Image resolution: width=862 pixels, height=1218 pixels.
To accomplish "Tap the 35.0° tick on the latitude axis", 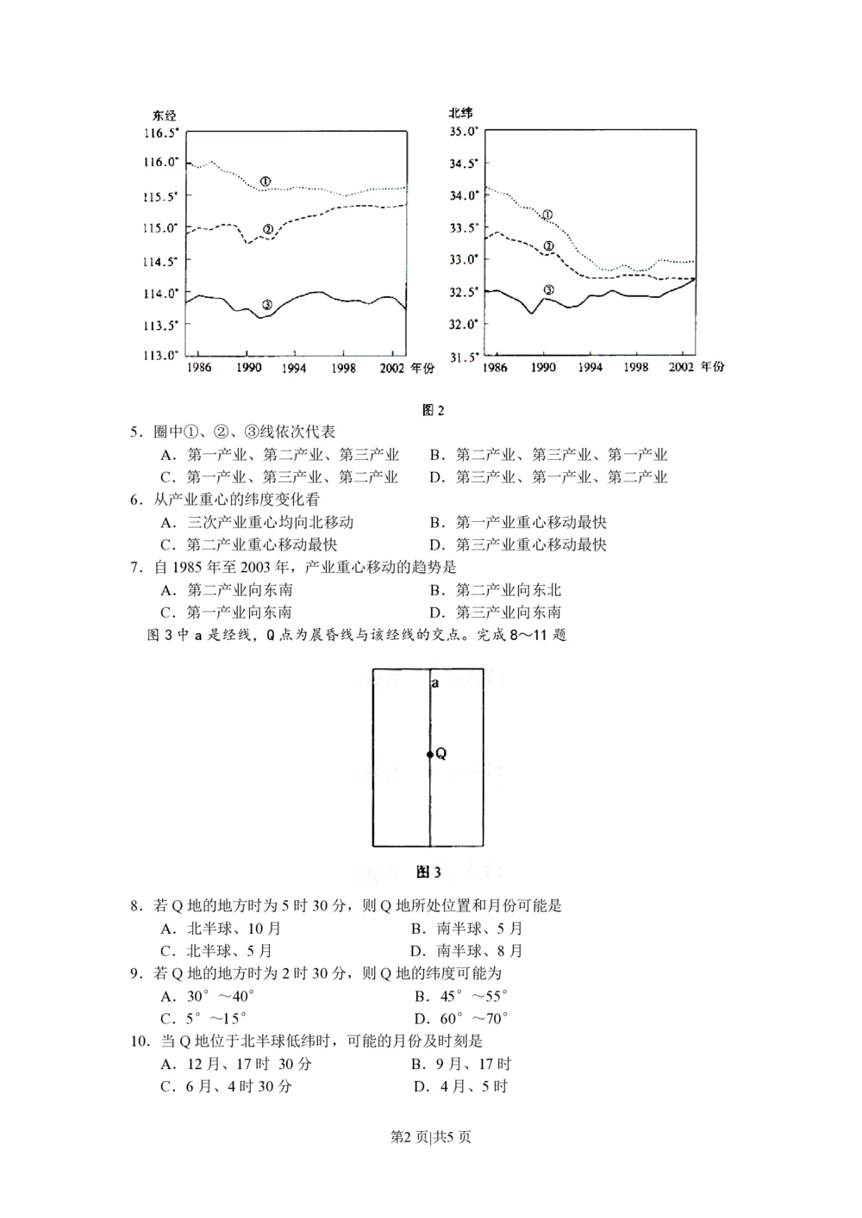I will click(x=464, y=132).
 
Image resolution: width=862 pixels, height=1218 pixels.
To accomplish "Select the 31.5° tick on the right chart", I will click(x=464, y=356).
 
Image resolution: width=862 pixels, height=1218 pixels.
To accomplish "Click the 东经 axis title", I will click(x=165, y=115).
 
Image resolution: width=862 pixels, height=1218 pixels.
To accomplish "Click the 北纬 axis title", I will click(x=461, y=114).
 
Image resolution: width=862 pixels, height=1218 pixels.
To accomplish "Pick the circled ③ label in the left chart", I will click(x=267, y=304).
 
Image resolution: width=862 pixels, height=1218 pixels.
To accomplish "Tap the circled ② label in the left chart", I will click(x=268, y=229).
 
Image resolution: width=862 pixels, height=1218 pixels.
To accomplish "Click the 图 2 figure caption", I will click(x=434, y=410).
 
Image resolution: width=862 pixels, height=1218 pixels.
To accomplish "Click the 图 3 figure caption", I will click(x=428, y=873).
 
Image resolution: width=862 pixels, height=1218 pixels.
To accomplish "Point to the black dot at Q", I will click(x=429, y=755).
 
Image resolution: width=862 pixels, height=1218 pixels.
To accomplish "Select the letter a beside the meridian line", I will click(x=435, y=683).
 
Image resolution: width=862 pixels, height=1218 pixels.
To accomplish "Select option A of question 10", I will click(x=236, y=1065).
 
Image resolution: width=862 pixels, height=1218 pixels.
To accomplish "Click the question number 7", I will click(x=135, y=567).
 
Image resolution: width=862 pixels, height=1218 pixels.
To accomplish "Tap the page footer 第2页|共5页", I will click(x=431, y=1137).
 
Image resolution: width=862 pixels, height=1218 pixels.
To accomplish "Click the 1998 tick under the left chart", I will click(x=343, y=367).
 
